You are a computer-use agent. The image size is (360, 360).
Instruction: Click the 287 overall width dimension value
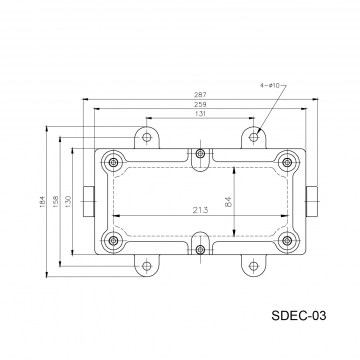pos(200,95)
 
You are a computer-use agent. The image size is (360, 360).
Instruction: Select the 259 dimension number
pos(200,104)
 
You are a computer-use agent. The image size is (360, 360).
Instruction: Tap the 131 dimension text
pos(200,114)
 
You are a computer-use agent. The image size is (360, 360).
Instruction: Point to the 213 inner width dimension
pos(200,210)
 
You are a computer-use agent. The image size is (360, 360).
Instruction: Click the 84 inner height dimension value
pos(228,202)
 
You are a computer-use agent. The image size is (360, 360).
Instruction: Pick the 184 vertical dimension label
pos(42,202)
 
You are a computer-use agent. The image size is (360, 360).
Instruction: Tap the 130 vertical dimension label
pos(68,202)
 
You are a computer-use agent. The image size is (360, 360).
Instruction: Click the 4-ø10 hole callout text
pos(270,85)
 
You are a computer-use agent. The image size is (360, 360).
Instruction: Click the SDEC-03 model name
pos(299,315)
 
